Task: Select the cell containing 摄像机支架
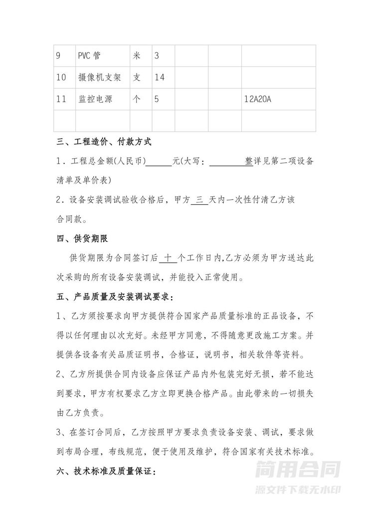[x=100, y=77]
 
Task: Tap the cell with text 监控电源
[x=95, y=99]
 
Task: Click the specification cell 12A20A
[x=258, y=99]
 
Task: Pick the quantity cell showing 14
[x=160, y=77]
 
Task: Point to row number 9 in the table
[x=58, y=56]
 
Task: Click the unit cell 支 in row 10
[x=137, y=77]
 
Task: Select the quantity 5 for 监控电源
[x=157, y=99]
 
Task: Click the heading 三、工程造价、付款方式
[x=104, y=143]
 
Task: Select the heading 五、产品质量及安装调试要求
[x=115, y=298]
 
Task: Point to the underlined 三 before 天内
[x=199, y=199]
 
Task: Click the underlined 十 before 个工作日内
[x=168, y=258]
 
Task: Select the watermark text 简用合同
[x=298, y=469]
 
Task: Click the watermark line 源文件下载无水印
[x=298, y=490]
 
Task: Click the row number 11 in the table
[x=61, y=99]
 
